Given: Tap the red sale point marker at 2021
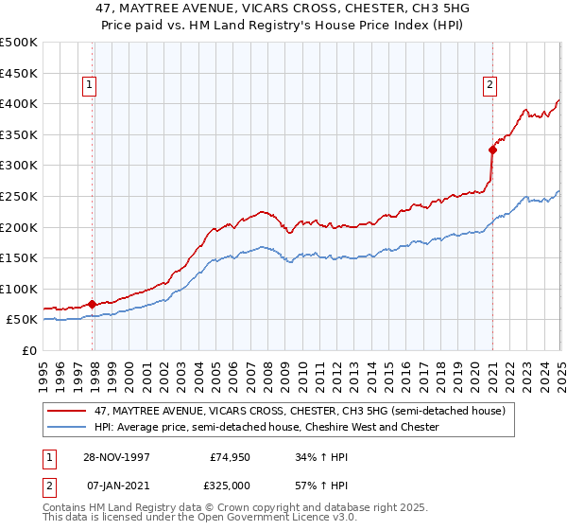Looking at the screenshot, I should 492,149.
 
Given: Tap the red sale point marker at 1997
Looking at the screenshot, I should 93,304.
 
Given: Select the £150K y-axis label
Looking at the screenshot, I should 20,257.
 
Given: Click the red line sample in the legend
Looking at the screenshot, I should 66,412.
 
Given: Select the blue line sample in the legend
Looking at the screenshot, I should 66,428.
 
